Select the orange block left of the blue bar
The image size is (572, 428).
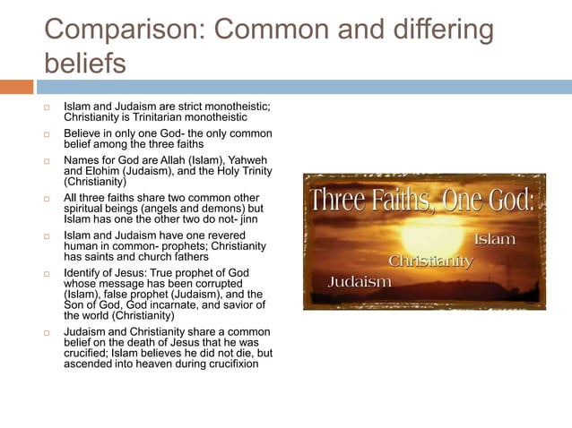click(16, 87)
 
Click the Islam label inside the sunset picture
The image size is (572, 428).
click(494, 240)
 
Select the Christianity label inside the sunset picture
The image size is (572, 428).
click(430, 261)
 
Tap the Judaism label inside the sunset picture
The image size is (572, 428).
click(360, 281)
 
